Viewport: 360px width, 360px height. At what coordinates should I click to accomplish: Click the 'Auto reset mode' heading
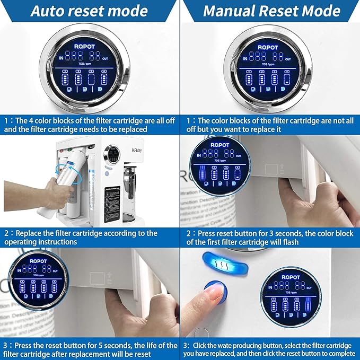(x=89, y=11)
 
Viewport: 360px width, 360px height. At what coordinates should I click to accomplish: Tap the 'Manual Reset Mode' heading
(x=271, y=11)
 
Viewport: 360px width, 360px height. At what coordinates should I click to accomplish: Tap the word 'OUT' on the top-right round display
(x=288, y=59)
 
